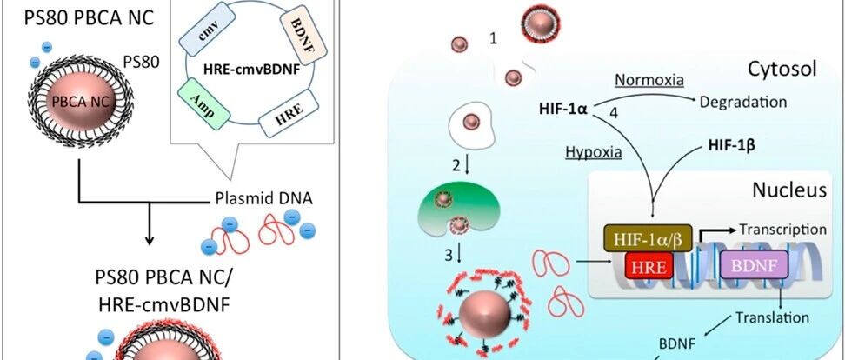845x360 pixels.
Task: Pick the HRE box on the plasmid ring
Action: coord(286,113)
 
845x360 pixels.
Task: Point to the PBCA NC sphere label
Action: coord(79,102)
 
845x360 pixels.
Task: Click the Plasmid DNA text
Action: coord(263,198)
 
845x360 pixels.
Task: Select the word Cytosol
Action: coord(782,69)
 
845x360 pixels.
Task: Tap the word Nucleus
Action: coord(789,190)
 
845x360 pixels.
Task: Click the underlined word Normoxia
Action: coord(649,80)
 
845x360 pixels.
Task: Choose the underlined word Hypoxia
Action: coord(594,152)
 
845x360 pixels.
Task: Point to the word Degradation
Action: coord(743,102)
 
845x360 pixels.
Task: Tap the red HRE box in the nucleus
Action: coord(649,266)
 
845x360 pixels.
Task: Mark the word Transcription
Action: coord(782,230)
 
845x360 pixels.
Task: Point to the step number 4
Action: coord(613,114)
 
